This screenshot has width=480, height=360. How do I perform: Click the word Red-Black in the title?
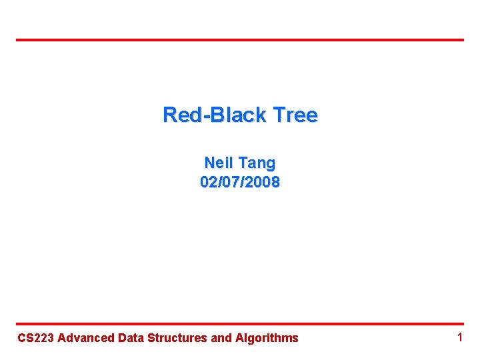(x=214, y=115)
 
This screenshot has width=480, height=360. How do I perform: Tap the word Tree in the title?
(x=293, y=115)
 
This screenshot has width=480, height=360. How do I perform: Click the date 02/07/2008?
(x=240, y=181)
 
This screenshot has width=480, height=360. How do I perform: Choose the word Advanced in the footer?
(x=86, y=338)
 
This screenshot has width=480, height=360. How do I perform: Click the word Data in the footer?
(x=131, y=338)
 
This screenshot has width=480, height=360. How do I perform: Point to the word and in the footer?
(x=221, y=338)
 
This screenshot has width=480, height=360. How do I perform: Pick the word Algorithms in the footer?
(x=267, y=338)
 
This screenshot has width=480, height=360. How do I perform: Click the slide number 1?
(x=459, y=337)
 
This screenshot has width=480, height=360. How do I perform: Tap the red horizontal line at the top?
(x=240, y=40)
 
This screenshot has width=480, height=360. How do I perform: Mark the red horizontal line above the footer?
(x=240, y=324)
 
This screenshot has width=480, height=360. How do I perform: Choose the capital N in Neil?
(x=209, y=162)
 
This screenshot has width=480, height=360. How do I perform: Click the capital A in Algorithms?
(x=239, y=338)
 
